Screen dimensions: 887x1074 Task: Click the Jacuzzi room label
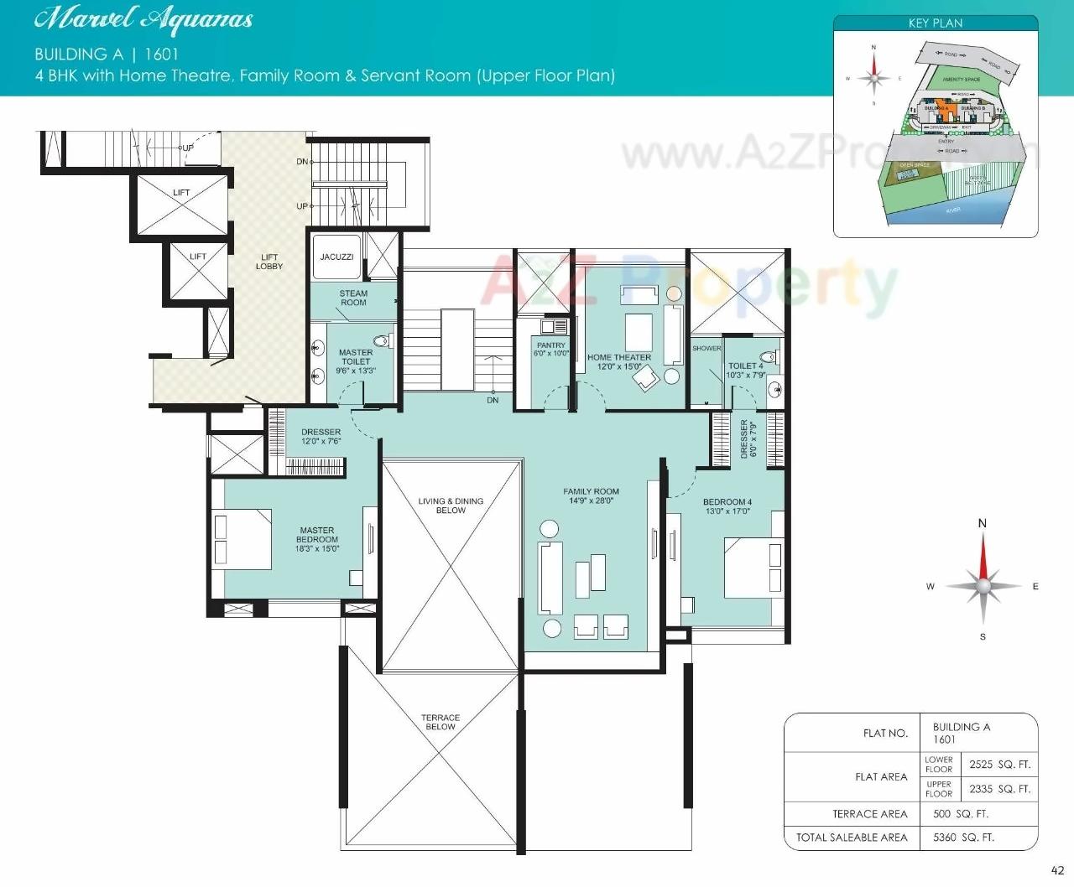pyautogui.click(x=336, y=257)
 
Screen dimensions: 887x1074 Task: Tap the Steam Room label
pyautogui.click(x=353, y=298)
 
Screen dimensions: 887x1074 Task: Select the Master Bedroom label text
pyautogui.click(x=317, y=535)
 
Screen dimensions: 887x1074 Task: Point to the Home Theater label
pyautogui.click(x=619, y=357)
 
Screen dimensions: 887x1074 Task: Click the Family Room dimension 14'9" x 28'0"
pyautogui.click(x=592, y=501)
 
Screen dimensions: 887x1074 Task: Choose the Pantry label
pyautogui.click(x=551, y=345)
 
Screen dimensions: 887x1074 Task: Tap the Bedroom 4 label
pyautogui.click(x=727, y=502)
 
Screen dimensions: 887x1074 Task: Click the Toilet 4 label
pyautogui.click(x=745, y=366)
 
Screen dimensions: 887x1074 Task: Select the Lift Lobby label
pyautogui.click(x=269, y=262)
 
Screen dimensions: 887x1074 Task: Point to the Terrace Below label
pyautogui.click(x=441, y=722)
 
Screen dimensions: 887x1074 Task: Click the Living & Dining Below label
pyautogui.click(x=451, y=505)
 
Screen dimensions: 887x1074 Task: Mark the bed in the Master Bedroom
pyautogui.click(x=243, y=539)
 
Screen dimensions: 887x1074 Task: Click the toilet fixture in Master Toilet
pyautogui.click(x=382, y=340)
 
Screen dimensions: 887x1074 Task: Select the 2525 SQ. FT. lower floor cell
pyautogui.click(x=999, y=764)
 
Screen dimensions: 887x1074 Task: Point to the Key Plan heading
pyautogui.click(x=936, y=23)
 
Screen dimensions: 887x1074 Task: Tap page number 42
pyautogui.click(x=1057, y=870)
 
